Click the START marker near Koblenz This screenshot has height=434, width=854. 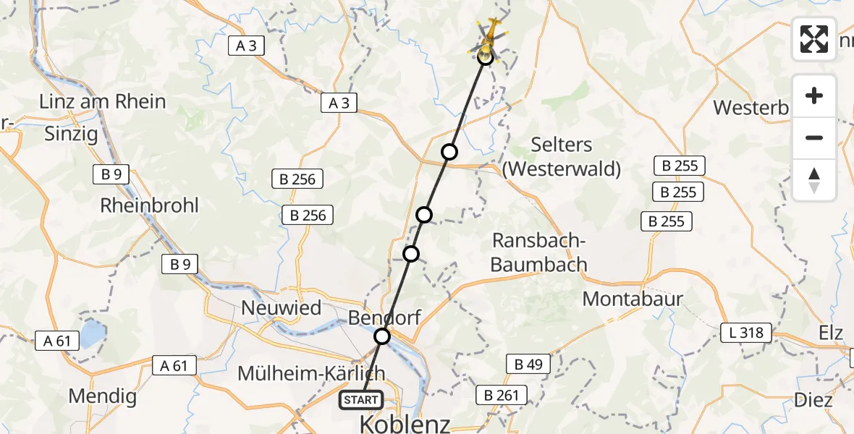pyautogui.click(x=360, y=399)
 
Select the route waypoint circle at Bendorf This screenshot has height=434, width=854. pyautogui.click(x=381, y=336)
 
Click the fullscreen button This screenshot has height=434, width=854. pyautogui.click(x=814, y=38)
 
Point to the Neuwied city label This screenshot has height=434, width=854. pyautogui.click(x=281, y=307)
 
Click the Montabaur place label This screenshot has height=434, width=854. pyautogui.click(x=633, y=298)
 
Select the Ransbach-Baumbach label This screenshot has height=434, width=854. pyautogui.click(x=538, y=252)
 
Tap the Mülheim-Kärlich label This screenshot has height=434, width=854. pyautogui.click(x=311, y=373)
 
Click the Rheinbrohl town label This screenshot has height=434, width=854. pyautogui.click(x=149, y=205)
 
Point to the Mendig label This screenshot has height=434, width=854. pyautogui.click(x=102, y=396)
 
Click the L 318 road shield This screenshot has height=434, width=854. pyautogui.click(x=746, y=333)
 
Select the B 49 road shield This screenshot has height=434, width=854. pyautogui.click(x=528, y=364)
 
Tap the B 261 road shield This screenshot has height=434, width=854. pyautogui.click(x=500, y=395)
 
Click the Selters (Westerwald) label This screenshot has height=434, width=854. pyautogui.click(x=562, y=156)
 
